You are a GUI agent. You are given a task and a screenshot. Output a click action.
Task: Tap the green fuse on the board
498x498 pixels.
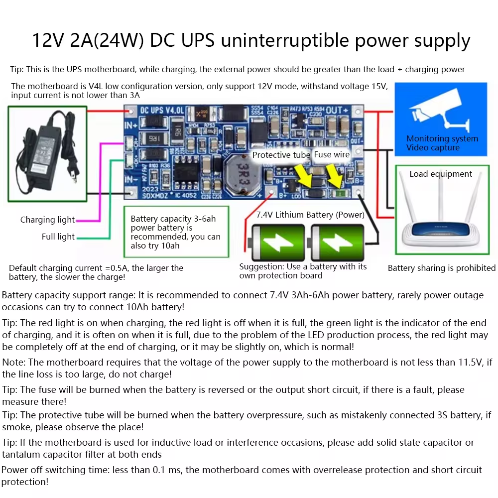(x=340, y=194)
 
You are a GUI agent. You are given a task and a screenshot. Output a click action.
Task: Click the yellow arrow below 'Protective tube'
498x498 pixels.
(x=304, y=175)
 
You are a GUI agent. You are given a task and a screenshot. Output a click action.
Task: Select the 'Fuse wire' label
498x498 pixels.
(x=332, y=154)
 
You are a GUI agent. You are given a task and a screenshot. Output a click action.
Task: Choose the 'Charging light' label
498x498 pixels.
(x=47, y=220)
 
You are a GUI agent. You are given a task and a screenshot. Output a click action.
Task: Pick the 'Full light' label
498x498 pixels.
(x=58, y=237)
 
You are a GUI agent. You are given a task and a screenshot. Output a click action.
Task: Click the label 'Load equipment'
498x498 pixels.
(x=441, y=174)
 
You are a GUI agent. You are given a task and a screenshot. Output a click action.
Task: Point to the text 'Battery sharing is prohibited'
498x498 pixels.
(x=442, y=268)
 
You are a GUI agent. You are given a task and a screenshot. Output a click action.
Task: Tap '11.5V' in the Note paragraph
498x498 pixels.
(x=472, y=362)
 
